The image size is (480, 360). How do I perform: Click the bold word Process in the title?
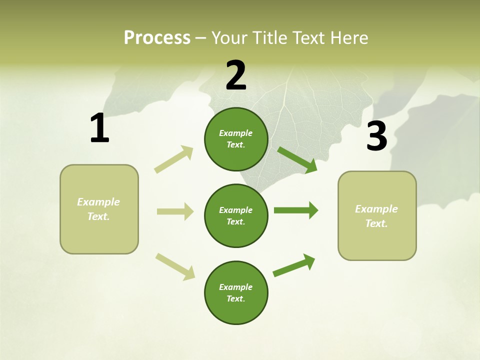pyautogui.click(x=157, y=37)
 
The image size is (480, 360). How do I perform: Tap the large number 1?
pyautogui.click(x=99, y=128)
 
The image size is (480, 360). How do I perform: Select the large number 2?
pyautogui.click(x=236, y=75)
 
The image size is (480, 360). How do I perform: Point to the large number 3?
pyautogui.click(x=376, y=136)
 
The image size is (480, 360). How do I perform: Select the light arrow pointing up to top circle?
pyautogui.click(x=174, y=159)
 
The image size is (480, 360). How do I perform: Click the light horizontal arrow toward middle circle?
pyautogui.click(x=175, y=211)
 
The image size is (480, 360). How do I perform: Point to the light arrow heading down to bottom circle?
pyautogui.click(x=175, y=266)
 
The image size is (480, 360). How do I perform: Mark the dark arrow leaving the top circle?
pyautogui.click(x=297, y=159)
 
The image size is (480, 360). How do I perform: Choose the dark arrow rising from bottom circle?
pyautogui.click(x=294, y=265)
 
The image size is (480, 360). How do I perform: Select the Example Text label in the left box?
pyautogui.click(x=98, y=209)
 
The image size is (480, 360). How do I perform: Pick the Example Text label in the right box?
pyautogui.click(x=376, y=216)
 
